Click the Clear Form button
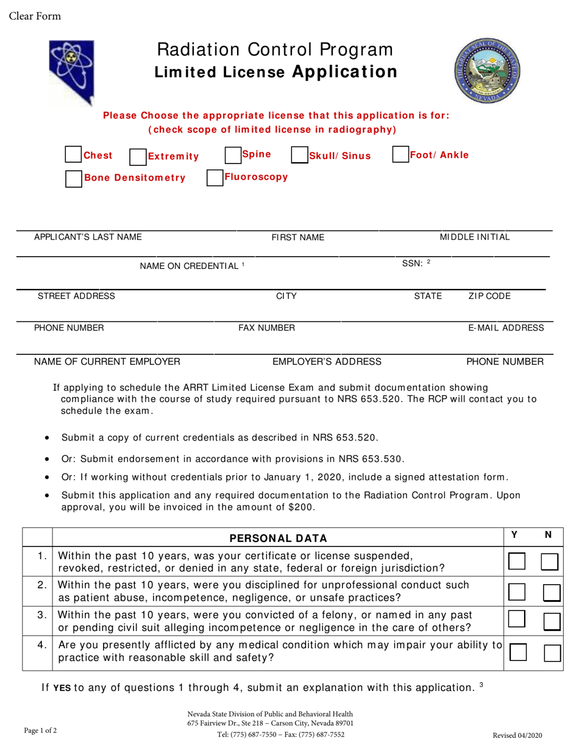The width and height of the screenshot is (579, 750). [x=35, y=16]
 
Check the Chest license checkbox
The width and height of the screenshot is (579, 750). [x=73, y=155]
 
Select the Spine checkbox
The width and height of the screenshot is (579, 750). [x=233, y=155]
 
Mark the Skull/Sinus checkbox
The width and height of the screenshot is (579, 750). [x=299, y=155]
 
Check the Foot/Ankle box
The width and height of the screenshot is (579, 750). [x=400, y=154]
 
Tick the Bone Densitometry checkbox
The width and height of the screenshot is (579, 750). [x=73, y=178]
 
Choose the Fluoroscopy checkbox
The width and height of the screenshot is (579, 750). [x=215, y=177]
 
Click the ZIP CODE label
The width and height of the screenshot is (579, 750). [x=489, y=296]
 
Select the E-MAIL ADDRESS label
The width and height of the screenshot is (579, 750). [x=506, y=328]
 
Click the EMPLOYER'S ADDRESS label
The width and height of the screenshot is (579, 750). [x=327, y=362]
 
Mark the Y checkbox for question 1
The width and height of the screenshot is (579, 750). [x=516, y=562]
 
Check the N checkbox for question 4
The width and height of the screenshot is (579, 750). [x=552, y=654]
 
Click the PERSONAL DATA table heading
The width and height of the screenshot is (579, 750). [x=278, y=538]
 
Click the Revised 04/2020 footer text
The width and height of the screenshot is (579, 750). [x=516, y=735]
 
